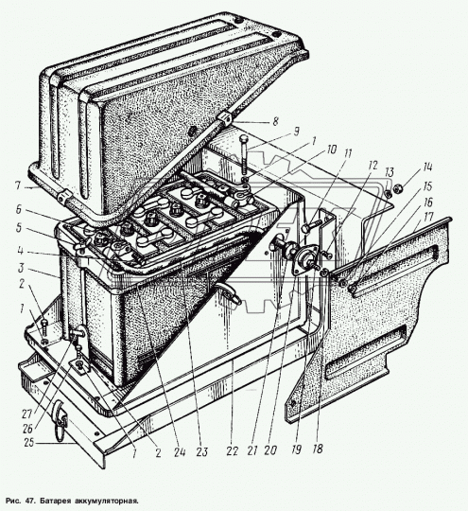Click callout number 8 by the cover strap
(275, 121)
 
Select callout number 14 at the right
(427, 167)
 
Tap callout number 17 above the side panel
(428, 216)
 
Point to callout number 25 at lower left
(28, 443)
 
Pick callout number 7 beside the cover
(18, 185)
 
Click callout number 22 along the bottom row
(232, 451)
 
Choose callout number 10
(331, 150)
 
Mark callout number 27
(27, 414)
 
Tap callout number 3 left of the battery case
(21, 268)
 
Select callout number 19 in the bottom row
(296, 450)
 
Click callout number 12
(373, 166)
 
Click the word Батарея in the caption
(53, 501)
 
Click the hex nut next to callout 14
(398, 187)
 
